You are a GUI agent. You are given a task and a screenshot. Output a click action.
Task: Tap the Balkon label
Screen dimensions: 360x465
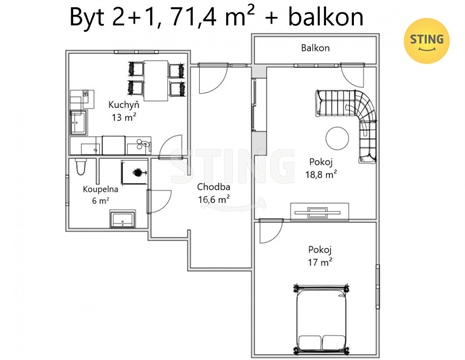315,48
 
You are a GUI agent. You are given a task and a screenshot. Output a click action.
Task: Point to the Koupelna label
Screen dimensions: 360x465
100,187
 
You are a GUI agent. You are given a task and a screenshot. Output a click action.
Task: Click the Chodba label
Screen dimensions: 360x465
214,187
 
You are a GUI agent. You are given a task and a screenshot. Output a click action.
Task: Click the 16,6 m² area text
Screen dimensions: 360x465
214,199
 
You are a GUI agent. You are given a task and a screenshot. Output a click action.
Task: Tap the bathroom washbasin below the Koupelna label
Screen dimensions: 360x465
122,218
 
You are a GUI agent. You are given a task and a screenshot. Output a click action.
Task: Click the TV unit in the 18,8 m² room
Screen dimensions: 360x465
319,210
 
